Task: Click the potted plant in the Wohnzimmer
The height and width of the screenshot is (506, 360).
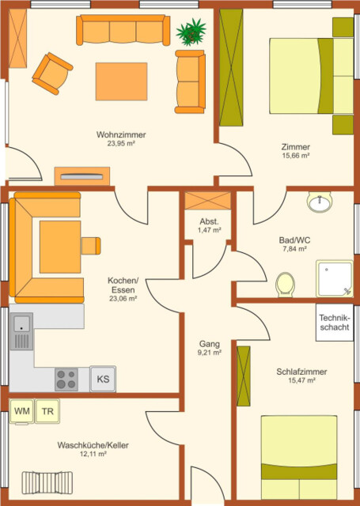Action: click(x=191, y=32)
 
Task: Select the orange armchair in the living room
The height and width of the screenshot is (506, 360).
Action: click(x=51, y=73)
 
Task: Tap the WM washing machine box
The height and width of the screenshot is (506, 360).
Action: click(x=22, y=411)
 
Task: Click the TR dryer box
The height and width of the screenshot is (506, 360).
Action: click(x=48, y=411)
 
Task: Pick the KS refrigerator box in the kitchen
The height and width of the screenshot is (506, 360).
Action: click(x=103, y=379)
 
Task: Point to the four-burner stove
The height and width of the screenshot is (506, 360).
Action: click(x=67, y=379)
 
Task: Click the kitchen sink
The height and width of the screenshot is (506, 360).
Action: click(x=21, y=331)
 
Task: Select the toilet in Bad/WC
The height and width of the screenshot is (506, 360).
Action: click(x=286, y=284)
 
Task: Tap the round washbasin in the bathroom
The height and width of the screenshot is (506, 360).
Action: click(x=320, y=203)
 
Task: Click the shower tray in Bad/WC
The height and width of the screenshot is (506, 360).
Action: click(x=334, y=278)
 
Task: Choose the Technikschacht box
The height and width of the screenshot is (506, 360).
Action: click(x=334, y=323)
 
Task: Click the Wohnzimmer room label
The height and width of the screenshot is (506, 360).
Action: click(x=121, y=135)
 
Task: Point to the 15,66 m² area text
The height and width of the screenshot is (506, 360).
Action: click(x=295, y=157)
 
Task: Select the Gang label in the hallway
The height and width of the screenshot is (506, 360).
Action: click(x=209, y=344)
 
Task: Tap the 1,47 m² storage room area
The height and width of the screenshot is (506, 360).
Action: click(x=209, y=230)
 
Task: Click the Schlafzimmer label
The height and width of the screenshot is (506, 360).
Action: click(x=301, y=372)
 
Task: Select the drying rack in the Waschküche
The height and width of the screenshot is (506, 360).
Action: click(x=52, y=481)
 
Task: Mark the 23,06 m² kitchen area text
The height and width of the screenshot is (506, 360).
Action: click(x=123, y=299)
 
